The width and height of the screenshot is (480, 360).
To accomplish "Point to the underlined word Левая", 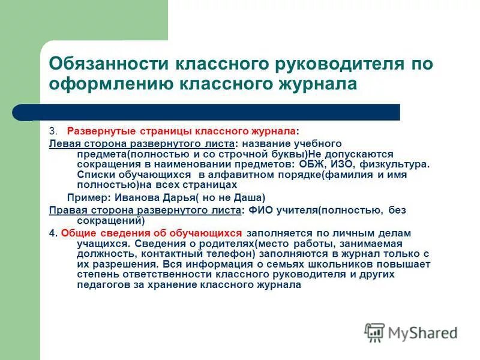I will (63, 144).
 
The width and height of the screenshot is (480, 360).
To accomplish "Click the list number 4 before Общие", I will (52, 233).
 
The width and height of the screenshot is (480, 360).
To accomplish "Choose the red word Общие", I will (77, 233).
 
